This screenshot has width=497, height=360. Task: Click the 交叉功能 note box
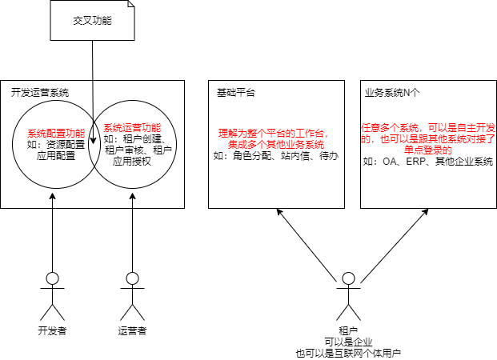[91, 20]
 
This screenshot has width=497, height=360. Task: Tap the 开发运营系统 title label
[40, 93]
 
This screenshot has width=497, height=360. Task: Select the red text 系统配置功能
[55, 133]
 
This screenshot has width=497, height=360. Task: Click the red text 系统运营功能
[133, 127]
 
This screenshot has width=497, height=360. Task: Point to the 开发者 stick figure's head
[52, 279]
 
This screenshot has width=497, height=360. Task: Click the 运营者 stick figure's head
[132, 279]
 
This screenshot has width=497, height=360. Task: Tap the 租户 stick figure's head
[348, 278]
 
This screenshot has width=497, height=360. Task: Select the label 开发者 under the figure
[52, 330]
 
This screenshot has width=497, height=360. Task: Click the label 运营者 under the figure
[132, 330]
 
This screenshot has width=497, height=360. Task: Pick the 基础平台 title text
[236, 93]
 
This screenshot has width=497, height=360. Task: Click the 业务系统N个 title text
[393, 93]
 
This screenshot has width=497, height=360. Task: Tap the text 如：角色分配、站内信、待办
[275, 156]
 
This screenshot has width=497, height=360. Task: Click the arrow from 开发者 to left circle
[52, 232]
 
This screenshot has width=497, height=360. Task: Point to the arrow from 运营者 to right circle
[132, 232]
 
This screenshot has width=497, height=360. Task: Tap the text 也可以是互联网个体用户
[347, 353]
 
